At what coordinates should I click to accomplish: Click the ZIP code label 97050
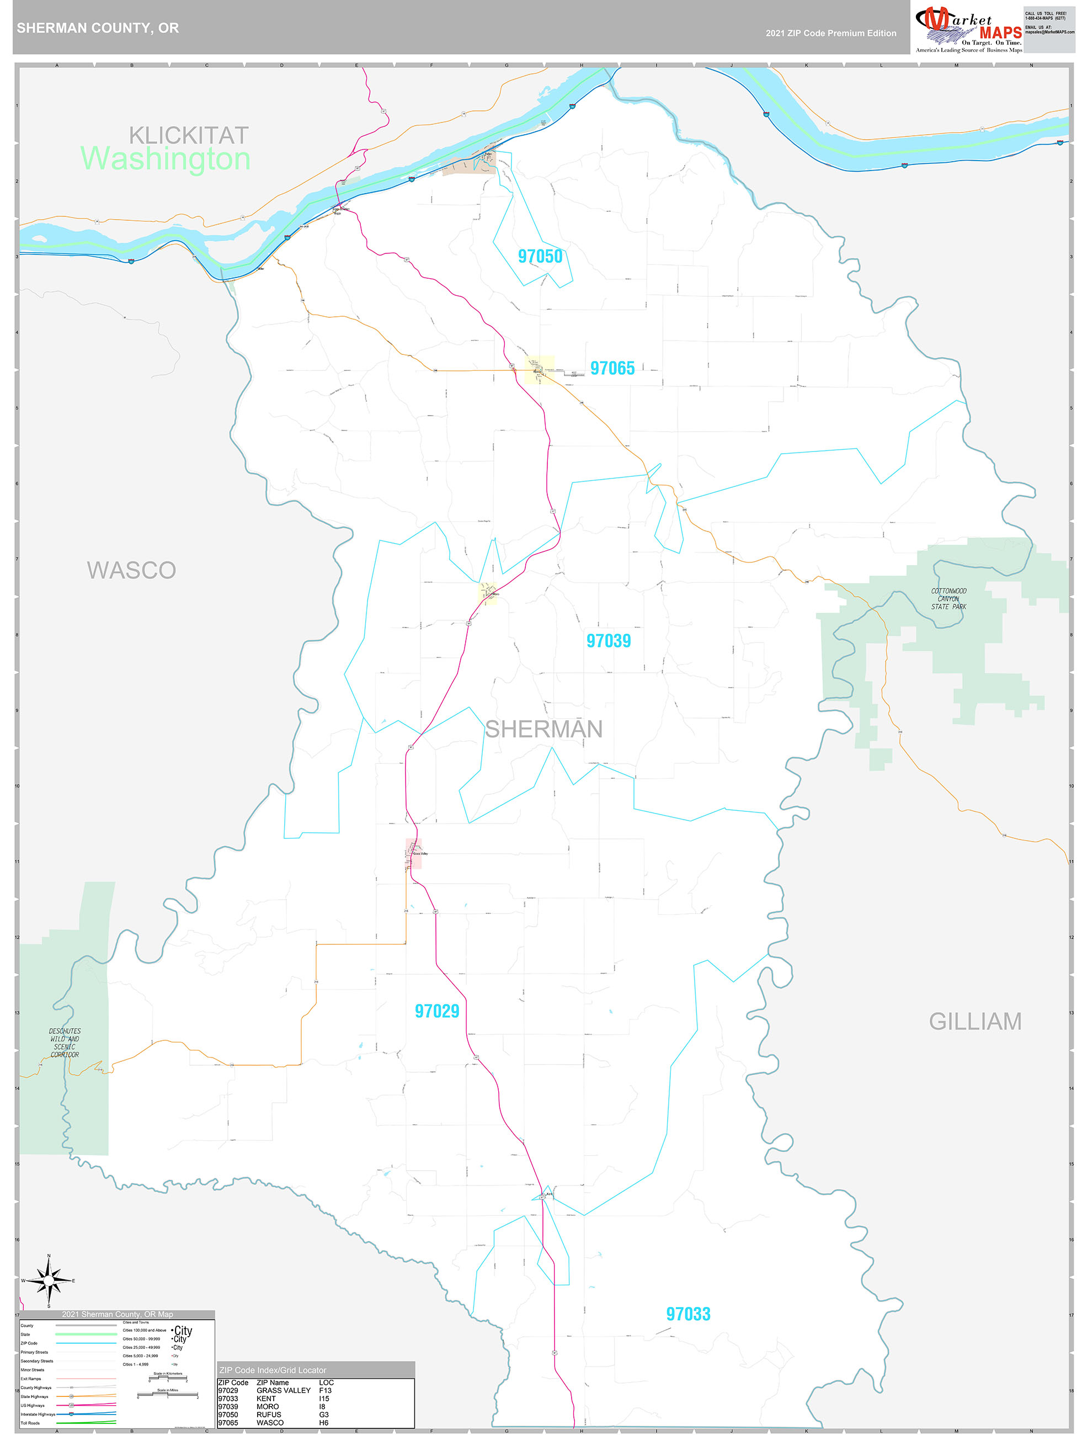[x=540, y=256]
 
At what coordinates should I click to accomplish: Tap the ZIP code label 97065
[x=612, y=369]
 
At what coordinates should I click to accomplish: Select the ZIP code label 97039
[x=608, y=641]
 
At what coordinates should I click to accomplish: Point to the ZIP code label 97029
[x=436, y=1011]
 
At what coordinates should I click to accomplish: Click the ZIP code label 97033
[x=687, y=1314]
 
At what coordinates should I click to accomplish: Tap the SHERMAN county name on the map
[x=543, y=729]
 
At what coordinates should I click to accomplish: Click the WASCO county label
[x=132, y=570]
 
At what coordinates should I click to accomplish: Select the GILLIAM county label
[x=974, y=1022]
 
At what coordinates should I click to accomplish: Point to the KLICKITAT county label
[x=188, y=136]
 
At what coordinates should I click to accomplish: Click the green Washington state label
[x=166, y=159]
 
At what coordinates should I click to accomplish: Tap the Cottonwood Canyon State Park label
[x=948, y=599]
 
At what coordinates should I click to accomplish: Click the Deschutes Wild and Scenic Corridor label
[x=65, y=1043]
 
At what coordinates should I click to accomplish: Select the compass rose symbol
[x=49, y=1280]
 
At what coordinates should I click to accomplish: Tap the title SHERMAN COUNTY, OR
[x=97, y=28]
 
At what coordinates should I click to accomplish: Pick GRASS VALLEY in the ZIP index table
[x=284, y=1390]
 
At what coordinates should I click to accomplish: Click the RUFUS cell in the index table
[x=269, y=1414]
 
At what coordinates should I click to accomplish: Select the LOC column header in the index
[x=326, y=1383]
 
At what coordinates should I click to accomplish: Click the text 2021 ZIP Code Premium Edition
[x=830, y=33]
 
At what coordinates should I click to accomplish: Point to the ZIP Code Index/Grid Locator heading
[x=273, y=1370]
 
